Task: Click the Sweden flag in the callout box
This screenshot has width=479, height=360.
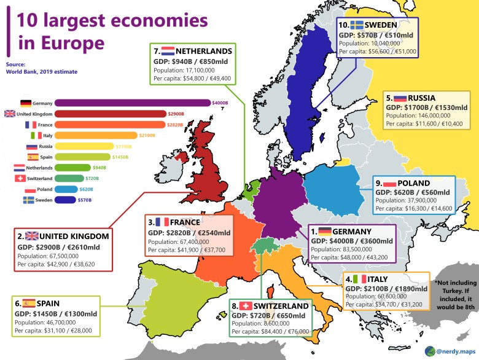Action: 357,25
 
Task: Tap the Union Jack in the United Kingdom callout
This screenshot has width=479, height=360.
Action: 32,236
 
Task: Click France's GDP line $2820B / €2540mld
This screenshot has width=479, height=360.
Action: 189,233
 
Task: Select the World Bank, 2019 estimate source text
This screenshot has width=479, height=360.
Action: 42,72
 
